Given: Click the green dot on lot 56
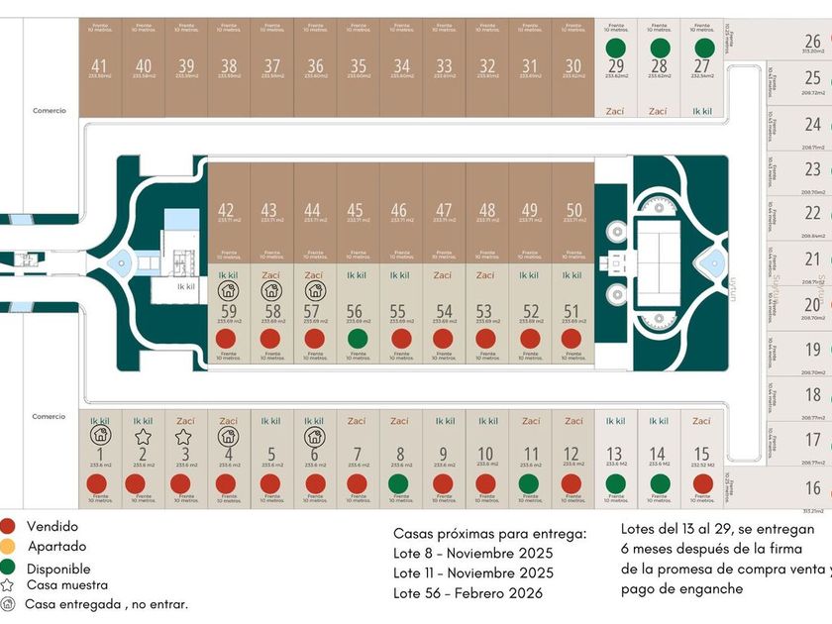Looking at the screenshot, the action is [x=357, y=338].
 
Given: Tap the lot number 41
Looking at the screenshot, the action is [x=100, y=65].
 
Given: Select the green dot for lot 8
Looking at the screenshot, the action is [x=398, y=483].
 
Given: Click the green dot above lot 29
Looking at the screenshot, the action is [x=615, y=48].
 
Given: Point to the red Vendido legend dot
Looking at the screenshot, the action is [x=8, y=527].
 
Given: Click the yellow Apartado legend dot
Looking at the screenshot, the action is [x=8, y=547].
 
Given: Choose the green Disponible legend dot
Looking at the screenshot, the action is [x=8, y=568].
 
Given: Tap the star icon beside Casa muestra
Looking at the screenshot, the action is [x=8, y=585].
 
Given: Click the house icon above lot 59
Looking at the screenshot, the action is [x=228, y=291].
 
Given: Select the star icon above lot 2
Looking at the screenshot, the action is [x=144, y=436].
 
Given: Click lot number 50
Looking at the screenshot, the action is [x=572, y=210].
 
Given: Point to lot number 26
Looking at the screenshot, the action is [x=812, y=42].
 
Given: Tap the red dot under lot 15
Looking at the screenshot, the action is [x=702, y=483].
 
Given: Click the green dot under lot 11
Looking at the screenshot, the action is [x=528, y=483].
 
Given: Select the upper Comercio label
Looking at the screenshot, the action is [x=49, y=111].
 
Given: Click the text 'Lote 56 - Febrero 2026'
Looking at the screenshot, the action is [x=468, y=593].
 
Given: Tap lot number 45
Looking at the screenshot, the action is [x=356, y=210].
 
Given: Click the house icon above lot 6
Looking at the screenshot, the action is [x=314, y=436].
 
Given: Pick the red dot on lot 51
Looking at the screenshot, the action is [x=571, y=338].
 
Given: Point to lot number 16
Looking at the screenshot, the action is [x=812, y=488].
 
